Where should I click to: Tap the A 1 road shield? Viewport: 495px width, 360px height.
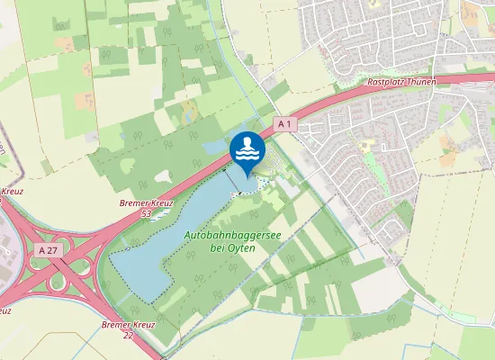tap(284, 123)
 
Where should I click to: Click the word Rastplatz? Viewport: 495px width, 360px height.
tap(387, 82)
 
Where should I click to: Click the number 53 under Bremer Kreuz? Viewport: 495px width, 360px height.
tap(146, 214)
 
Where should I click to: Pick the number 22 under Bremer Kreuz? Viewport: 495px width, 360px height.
tap(128, 334)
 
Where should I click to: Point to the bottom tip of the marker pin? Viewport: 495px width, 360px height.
tap(247, 176)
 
